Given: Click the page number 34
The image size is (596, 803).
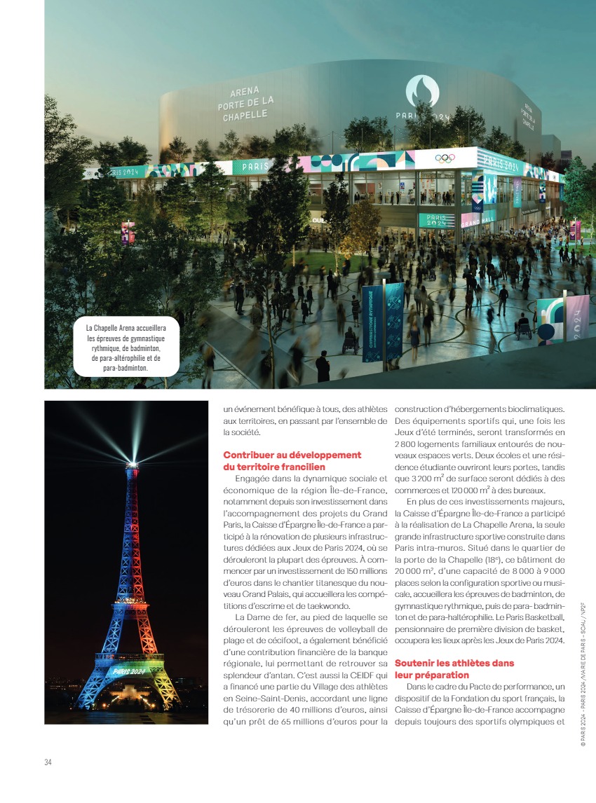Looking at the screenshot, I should click(48, 762).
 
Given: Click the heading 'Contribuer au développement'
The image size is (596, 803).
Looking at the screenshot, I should click(292, 455).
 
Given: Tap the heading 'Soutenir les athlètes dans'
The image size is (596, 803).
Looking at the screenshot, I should click(454, 662).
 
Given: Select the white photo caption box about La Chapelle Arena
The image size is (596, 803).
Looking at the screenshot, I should click(126, 346).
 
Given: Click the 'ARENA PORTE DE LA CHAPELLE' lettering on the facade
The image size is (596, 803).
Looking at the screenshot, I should click(245, 104).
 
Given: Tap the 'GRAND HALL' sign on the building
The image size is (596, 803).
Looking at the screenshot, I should click(478, 222).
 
